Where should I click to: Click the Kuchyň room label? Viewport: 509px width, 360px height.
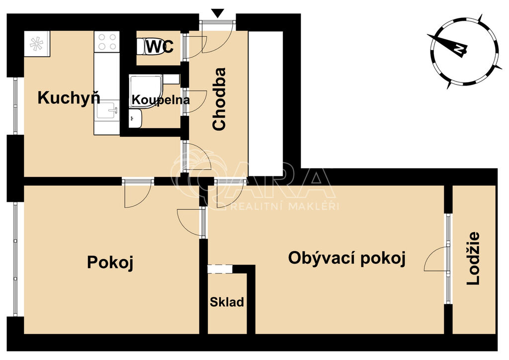pos(69,98)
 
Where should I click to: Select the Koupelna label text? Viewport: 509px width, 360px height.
pos(161,100)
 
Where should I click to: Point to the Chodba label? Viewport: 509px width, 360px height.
pos(219,99)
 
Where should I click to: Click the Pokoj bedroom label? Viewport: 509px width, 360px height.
pos(110,262)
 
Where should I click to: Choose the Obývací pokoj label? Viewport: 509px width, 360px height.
pos(347,259)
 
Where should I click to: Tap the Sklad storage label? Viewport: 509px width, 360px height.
pos(227,302)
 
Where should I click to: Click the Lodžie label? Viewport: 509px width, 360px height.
pos(473,259)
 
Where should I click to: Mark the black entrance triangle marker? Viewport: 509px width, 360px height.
pos(218,13)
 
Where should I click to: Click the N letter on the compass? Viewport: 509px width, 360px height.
pos(459,49)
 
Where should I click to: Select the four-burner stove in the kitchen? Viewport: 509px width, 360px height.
pos(107,42)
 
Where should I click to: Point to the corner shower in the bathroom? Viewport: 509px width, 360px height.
pos(146,91)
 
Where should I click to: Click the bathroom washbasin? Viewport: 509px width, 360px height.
pos(135,118)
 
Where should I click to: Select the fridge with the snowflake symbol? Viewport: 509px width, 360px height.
pos(37,44)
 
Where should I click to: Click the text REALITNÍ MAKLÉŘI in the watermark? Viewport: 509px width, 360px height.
pos(284,206)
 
